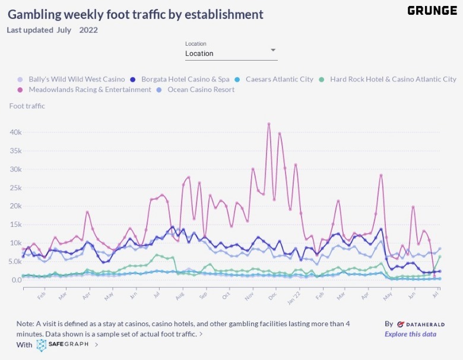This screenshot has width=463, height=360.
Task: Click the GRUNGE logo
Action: click(432, 11)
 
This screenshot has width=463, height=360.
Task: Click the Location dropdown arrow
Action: click(273, 50)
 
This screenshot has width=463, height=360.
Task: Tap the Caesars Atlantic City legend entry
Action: click(279, 79)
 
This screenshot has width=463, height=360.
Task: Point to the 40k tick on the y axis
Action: click(15, 132)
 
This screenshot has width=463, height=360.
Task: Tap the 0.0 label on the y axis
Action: click(15, 280)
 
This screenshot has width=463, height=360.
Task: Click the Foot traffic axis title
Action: click(27, 106)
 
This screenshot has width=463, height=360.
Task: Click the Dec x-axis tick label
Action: click(271, 295)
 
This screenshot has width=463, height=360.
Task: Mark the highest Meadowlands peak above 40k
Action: click(269, 124)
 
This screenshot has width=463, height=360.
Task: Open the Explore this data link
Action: click(410, 334)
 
